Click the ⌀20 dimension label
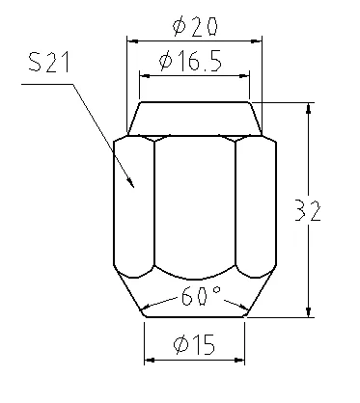click(x=195, y=26)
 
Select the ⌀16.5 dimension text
click(x=190, y=61)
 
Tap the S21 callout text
click(x=49, y=62)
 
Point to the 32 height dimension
click(x=308, y=210)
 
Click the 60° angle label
click(x=201, y=296)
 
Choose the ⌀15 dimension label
click(x=194, y=345)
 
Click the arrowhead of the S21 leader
click(x=130, y=182)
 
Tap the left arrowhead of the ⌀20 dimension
click(x=132, y=41)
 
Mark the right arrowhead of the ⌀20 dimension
click(x=256, y=41)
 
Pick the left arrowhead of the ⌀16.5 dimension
click(x=145, y=76)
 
